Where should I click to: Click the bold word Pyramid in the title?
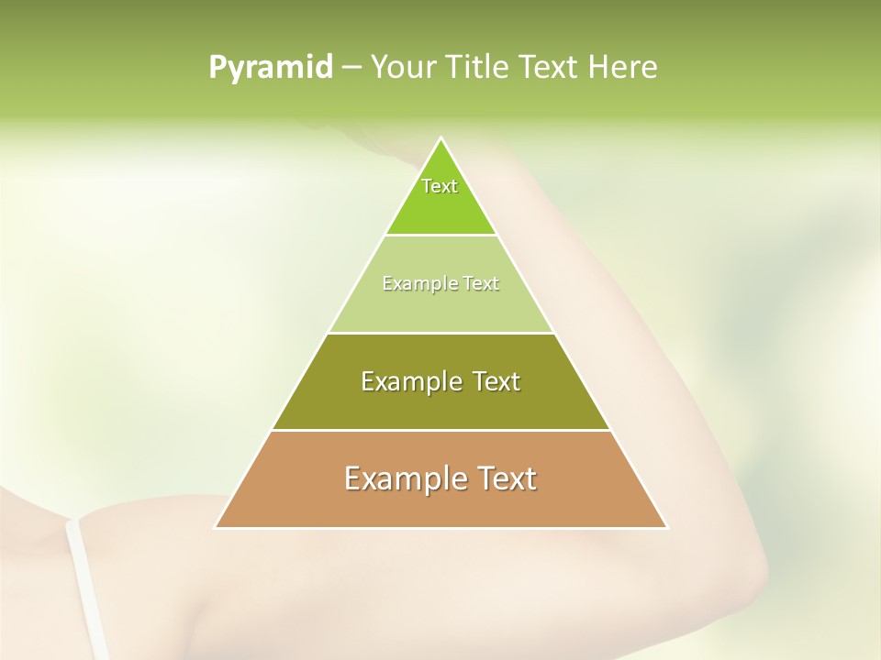(x=271, y=68)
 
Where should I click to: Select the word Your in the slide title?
(x=400, y=68)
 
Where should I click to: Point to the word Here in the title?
(x=623, y=68)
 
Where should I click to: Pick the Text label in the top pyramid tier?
(x=440, y=186)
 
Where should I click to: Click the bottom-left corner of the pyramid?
(x=216, y=527)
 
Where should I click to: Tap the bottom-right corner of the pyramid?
(x=666, y=527)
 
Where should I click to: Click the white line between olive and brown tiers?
(x=440, y=431)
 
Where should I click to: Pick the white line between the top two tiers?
(x=440, y=236)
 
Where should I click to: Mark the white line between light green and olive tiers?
(x=440, y=333)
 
